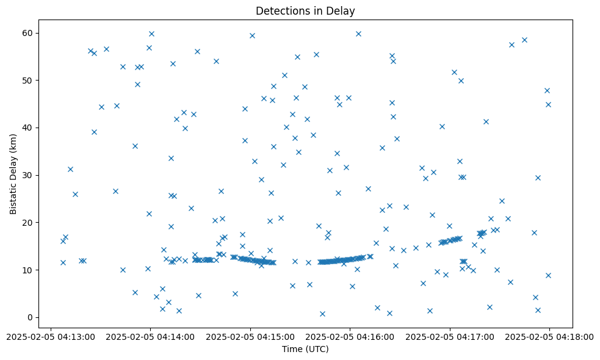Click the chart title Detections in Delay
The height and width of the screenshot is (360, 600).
click(x=305, y=11)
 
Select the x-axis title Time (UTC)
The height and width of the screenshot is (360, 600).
click(x=305, y=349)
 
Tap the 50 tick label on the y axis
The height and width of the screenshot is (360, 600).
click(x=27, y=81)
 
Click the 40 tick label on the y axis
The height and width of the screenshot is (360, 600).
click(x=27, y=128)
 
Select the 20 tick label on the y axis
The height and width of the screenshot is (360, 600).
click(x=27, y=223)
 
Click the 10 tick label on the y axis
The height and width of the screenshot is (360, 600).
click(x=27, y=270)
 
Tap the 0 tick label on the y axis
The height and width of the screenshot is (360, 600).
click(x=29, y=317)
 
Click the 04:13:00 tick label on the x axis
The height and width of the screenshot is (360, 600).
click(x=51, y=336)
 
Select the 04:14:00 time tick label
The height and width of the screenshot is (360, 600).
click(x=151, y=336)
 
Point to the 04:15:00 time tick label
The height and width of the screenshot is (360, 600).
click(x=250, y=336)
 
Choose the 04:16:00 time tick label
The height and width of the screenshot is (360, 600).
click(x=350, y=336)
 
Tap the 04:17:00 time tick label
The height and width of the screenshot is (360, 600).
click(x=450, y=336)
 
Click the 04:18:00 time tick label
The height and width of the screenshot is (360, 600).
click(x=549, y=336)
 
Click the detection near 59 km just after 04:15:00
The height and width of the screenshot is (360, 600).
click(x=252, y=35)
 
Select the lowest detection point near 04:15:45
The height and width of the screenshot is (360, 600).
click(x=322, y=314)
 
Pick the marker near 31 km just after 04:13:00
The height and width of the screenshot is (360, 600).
click(x=70, y=169)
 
